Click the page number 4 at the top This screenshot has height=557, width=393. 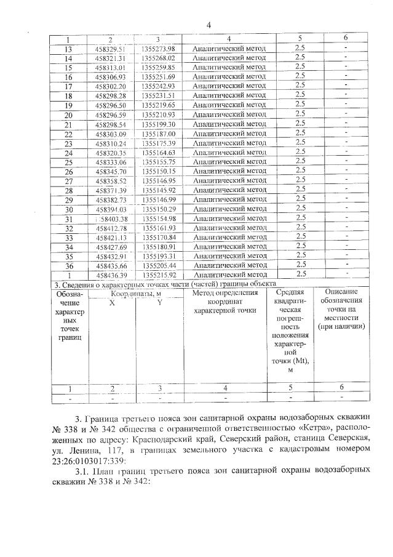click(x=208, y=25)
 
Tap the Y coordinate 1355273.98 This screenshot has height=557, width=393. click(x=159, y=49)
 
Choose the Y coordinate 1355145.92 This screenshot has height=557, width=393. click(x=159, y=190)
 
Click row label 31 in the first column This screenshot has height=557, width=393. click(x=68, y=218)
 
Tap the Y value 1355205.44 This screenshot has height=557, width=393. click(x=159, y=265)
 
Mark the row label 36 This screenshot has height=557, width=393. click(x=68, y=265)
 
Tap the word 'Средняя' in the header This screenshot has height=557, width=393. click(x=288, y=292)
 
